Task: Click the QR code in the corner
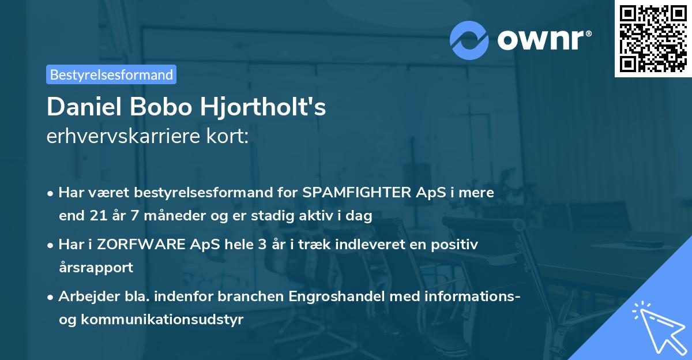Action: pyautogui.click(x=653, y=38)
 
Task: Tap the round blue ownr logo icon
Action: pyautogui.click(x=469, y=40)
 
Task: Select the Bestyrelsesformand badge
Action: pyautogui.click(x=111, y=74)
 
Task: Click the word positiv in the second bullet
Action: pyautogui.click(x=457, y=245)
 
